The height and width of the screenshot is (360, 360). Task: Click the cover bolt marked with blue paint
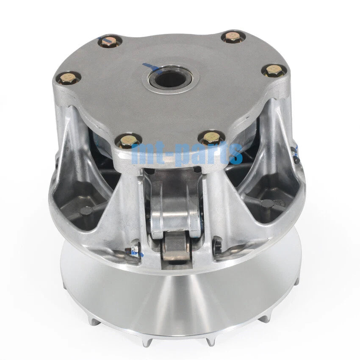point(110,42)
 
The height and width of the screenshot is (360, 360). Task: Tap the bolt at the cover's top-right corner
point(233,36)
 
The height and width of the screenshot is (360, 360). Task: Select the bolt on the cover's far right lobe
point(273,70)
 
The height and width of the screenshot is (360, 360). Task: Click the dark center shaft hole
point(170,79)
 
